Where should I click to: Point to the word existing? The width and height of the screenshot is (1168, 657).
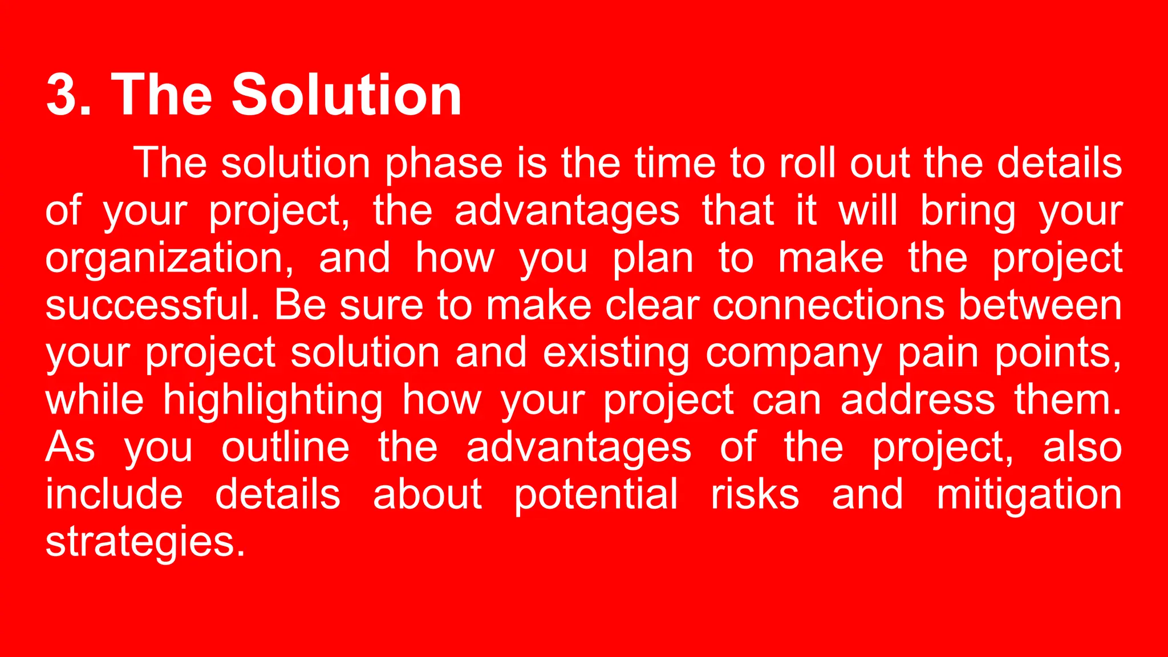pyautogui.click(x=616, y=354)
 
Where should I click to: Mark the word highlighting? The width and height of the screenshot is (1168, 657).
pyautogui.click(x=273, y=401)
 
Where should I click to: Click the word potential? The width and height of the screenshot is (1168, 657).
pyautogui.click(x=596, y=495)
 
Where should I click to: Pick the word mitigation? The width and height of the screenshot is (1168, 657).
pyautogui.click(x=1029, y=495)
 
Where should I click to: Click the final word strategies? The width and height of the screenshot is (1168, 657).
pyautogui.click(x=145, y=542)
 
